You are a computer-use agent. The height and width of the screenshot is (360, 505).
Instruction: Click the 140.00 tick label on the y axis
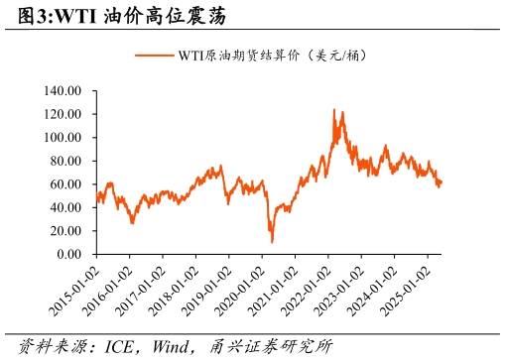[x=63, y=91]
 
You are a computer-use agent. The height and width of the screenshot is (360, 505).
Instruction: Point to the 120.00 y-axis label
[x=63, y=114]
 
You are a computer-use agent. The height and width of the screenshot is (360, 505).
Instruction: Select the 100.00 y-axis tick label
[x=63, y=138]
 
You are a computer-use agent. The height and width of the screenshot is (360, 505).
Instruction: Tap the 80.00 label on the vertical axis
[x=65, y=161]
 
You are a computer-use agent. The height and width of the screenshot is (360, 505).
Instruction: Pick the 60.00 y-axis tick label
[x=65, y=184]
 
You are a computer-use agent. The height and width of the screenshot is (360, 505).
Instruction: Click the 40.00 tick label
[x=65, y=207]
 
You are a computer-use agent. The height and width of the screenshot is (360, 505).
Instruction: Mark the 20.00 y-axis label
[x=65, y=231]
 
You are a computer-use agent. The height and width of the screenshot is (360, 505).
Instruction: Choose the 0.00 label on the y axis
[x=68, y=254]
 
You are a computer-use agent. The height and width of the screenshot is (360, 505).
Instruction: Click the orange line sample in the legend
[x=154, y=56]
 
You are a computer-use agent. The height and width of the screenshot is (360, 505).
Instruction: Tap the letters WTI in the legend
[x=190, y=56]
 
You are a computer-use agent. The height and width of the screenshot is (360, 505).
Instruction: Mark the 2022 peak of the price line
[x=333, y=110]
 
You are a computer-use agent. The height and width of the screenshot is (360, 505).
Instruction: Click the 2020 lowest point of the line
[x=272, y=241]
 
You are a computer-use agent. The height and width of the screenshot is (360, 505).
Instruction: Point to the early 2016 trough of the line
[x=132, y=223]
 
